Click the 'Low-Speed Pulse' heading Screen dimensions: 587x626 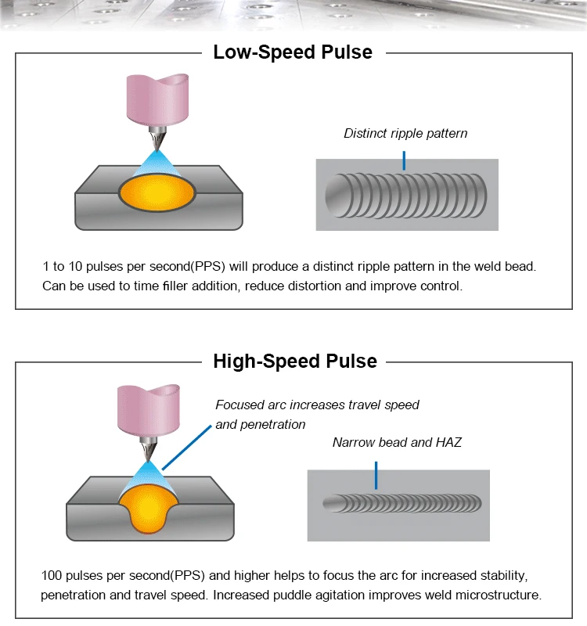tap(293, 52)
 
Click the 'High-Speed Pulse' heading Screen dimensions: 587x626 tap(295, 362)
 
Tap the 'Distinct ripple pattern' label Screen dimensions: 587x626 tap(405, 133)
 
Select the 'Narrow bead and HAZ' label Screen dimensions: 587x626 tap(397, 442)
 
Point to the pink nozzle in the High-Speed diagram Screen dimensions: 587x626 tap(149, 410)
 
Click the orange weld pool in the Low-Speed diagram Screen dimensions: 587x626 tap(157, 193)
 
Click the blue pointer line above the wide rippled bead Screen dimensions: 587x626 tap(404, 160)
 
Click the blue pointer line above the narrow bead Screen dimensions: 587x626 tap(376, 476)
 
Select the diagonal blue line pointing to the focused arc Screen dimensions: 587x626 tap(186, 448)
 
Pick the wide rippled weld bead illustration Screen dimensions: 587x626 tap(406, 196)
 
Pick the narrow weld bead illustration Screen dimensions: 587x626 tap(402, 503)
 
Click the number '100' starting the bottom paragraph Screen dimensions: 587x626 tap(51, 575)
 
